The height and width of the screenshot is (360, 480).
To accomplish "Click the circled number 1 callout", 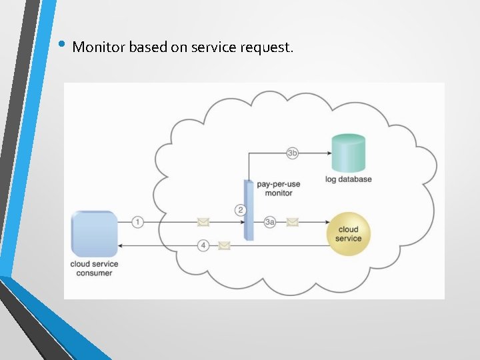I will pyautogui.click(x=137, y=222).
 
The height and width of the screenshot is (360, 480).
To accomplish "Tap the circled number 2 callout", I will pyautogui.click(x=241, y=210).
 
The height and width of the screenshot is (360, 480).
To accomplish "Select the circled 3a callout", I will pyautogui.click(x=269, y=222).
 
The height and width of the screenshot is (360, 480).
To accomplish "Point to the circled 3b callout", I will pyautogui.click(x=292, y=153).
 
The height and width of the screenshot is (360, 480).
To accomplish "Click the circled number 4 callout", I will pyautogui.click(x=204, y=245).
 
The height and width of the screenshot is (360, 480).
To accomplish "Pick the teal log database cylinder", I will pyautogui.click(x=349, y=153).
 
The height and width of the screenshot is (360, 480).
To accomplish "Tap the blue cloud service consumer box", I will pyautogui.click(x=94, y=233).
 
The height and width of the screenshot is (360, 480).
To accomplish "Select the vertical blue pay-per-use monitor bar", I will pyautogui.click(x=249, y=210).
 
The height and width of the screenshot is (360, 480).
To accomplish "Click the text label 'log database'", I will pyautogui.click(x=349, y=179).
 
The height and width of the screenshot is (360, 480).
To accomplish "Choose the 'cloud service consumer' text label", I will pyautogui.click(x=94, y=268).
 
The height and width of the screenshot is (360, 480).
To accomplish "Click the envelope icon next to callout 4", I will pyautogui.click(x=224, y=245).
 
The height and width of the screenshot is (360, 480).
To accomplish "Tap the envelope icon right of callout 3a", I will pyautogui.click(x=292, y=222).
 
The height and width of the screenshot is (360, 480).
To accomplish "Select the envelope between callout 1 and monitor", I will pyautogui.click(x=202, y=222).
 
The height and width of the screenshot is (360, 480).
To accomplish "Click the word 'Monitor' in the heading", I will pyautogui.click(x=99, y=47).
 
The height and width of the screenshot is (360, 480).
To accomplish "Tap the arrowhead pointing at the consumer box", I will pyautogui.click(x=121, y=245).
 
